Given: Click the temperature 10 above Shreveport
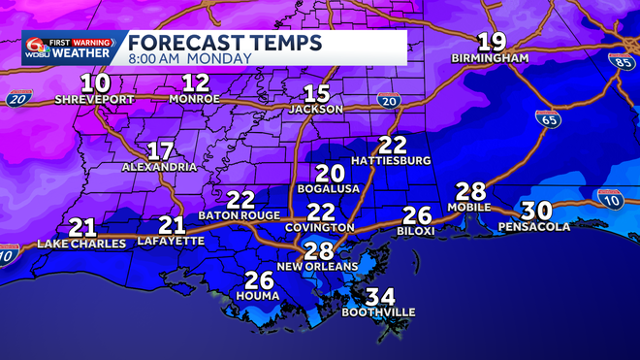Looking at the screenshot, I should click(95, 82).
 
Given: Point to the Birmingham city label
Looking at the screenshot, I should click(490, 58).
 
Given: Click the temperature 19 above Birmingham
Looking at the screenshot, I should click(492, 42).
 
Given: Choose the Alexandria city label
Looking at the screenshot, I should click(160, 167).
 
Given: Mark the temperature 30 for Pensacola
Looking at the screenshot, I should click(536, 210).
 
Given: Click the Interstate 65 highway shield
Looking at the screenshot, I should click(546, 119).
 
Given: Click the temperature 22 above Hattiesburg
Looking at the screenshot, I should click(391, 145).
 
